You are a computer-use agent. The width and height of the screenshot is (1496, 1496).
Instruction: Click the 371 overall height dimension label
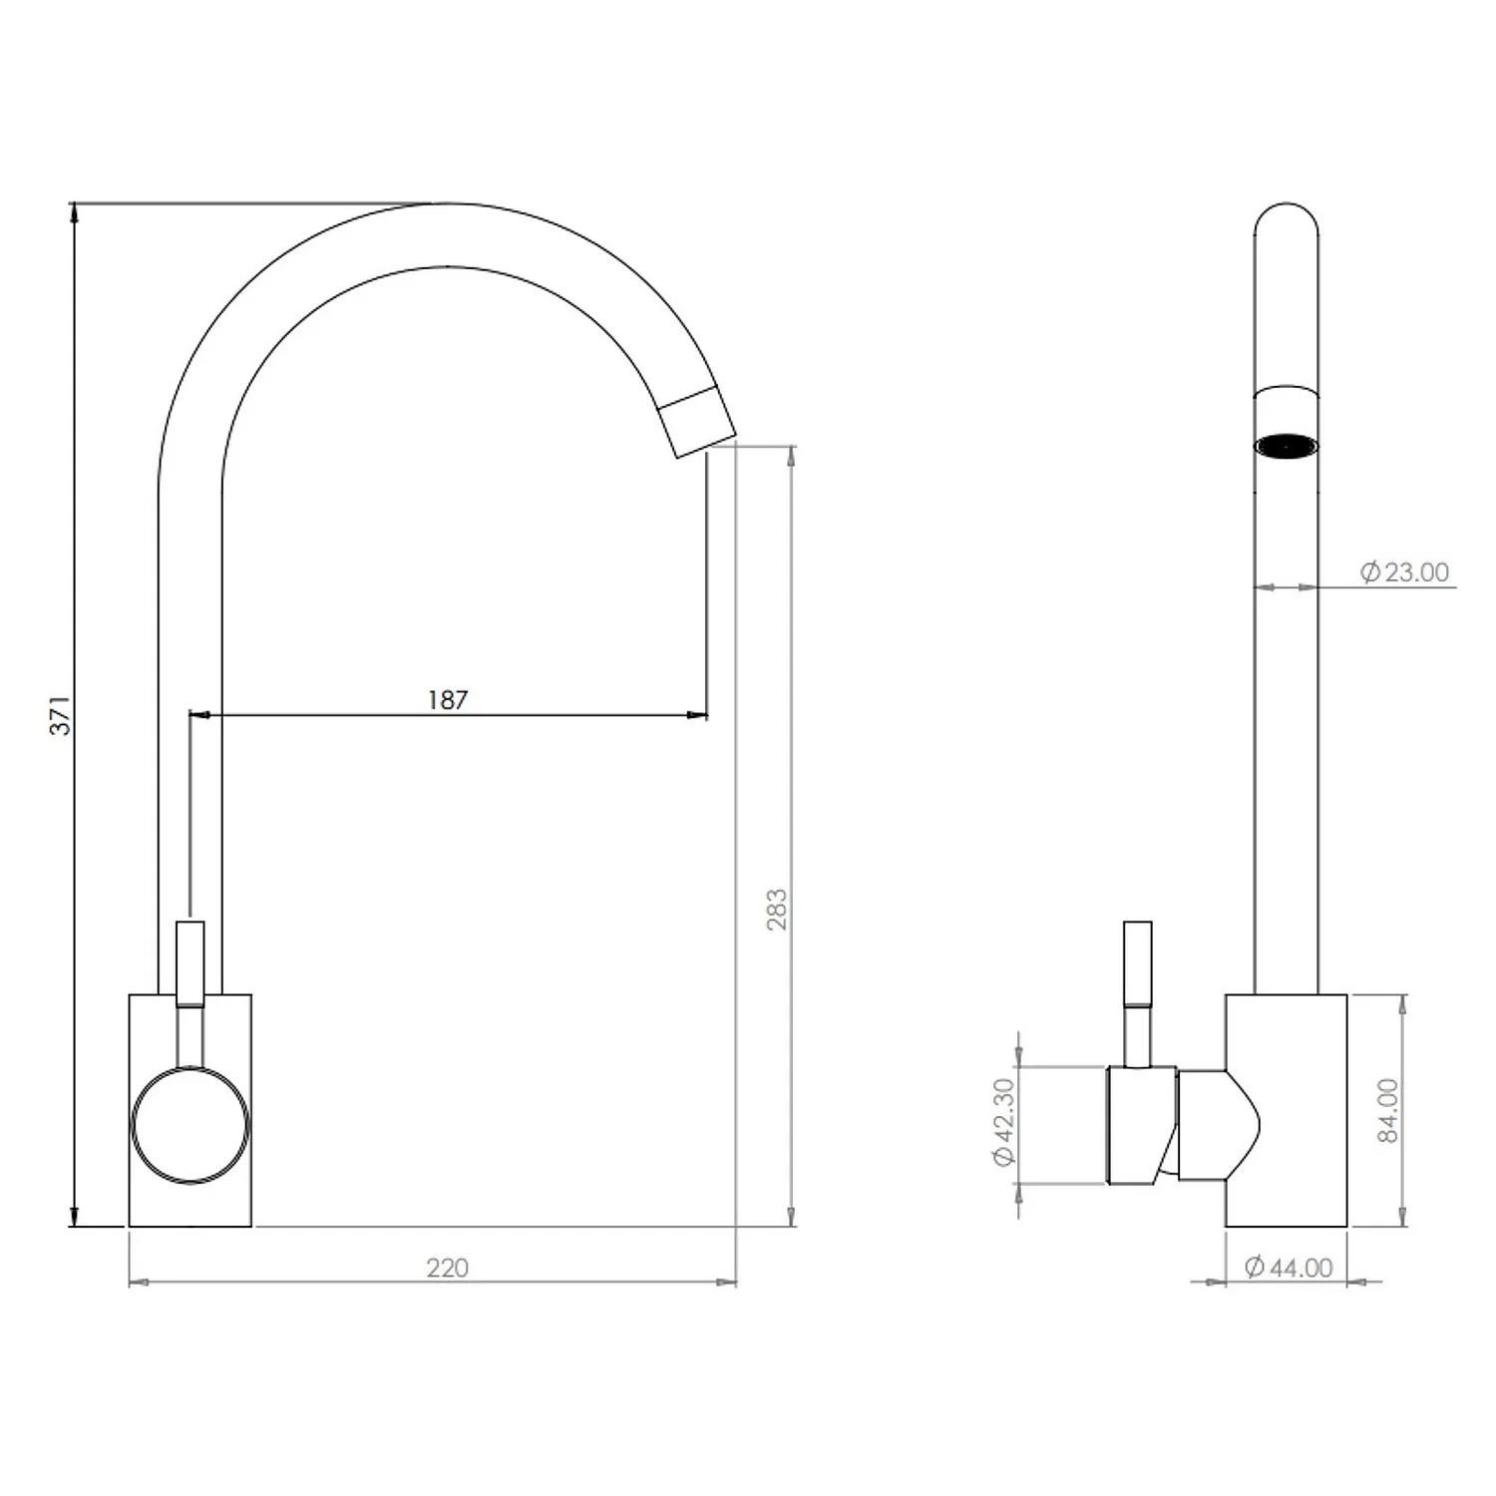click(x=61, y=715)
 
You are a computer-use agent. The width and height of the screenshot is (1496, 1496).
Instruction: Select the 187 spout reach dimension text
click(x=447, y=700)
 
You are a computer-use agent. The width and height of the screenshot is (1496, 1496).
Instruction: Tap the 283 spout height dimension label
click(x=776, y=910)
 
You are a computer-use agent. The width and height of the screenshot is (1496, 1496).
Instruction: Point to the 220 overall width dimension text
click(x=447, y=1268)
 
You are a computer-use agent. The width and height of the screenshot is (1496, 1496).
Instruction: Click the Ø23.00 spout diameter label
click(x=1404, y=572)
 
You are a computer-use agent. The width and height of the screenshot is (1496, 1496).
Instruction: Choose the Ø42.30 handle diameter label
click(x=1002, y=1122)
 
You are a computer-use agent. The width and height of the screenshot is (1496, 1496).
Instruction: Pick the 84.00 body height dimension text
click(x=1387, y=1110)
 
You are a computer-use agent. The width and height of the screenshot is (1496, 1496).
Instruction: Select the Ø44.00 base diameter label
click(x=1289, y=1268)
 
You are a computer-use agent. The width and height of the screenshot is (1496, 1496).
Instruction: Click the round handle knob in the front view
click(x=189, y=1125)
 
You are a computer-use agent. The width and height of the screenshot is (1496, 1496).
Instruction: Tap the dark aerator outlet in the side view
click(x=1286, y=446)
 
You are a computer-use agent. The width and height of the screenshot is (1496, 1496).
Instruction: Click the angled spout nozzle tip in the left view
click(x=697, y=422)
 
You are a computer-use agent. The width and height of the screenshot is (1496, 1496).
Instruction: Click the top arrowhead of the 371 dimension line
click(x=73, y=211)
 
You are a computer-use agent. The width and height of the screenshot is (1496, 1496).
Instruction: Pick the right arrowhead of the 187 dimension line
click(x=698, y=715)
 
